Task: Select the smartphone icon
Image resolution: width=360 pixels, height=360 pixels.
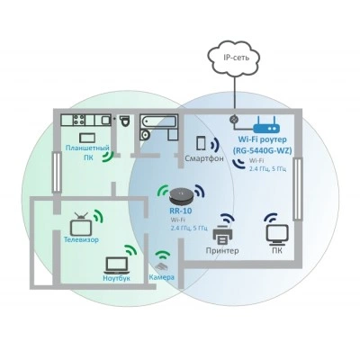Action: point(201,143)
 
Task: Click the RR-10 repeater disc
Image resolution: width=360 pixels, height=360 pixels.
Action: point(181,196)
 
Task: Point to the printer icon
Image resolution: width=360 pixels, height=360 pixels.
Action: point(222,236)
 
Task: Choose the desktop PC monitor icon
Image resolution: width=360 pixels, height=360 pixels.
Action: point(277,235)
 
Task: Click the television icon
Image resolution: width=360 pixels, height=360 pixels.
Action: point(81,225)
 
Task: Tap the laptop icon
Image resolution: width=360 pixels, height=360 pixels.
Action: point(117,265)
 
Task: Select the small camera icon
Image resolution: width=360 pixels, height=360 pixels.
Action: point(161,266)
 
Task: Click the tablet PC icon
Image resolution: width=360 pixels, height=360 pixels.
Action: point(87,138)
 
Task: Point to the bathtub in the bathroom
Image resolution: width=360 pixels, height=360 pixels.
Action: point(158,121)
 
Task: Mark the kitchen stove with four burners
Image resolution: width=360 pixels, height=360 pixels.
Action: point(79,120)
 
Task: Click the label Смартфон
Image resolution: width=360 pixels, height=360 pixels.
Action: point(204,158)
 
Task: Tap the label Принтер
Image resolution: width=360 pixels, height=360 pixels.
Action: point(222,250)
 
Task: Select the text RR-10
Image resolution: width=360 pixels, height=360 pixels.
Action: point(181,211)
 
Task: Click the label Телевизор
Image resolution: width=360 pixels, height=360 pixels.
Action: point(81,239)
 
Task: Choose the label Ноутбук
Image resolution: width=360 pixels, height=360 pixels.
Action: point(117,278)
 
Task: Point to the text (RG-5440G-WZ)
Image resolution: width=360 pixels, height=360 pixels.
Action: point(262,150)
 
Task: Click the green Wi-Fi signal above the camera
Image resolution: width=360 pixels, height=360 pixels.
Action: point(162,255)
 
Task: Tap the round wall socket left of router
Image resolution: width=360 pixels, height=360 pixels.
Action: point(233,120)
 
